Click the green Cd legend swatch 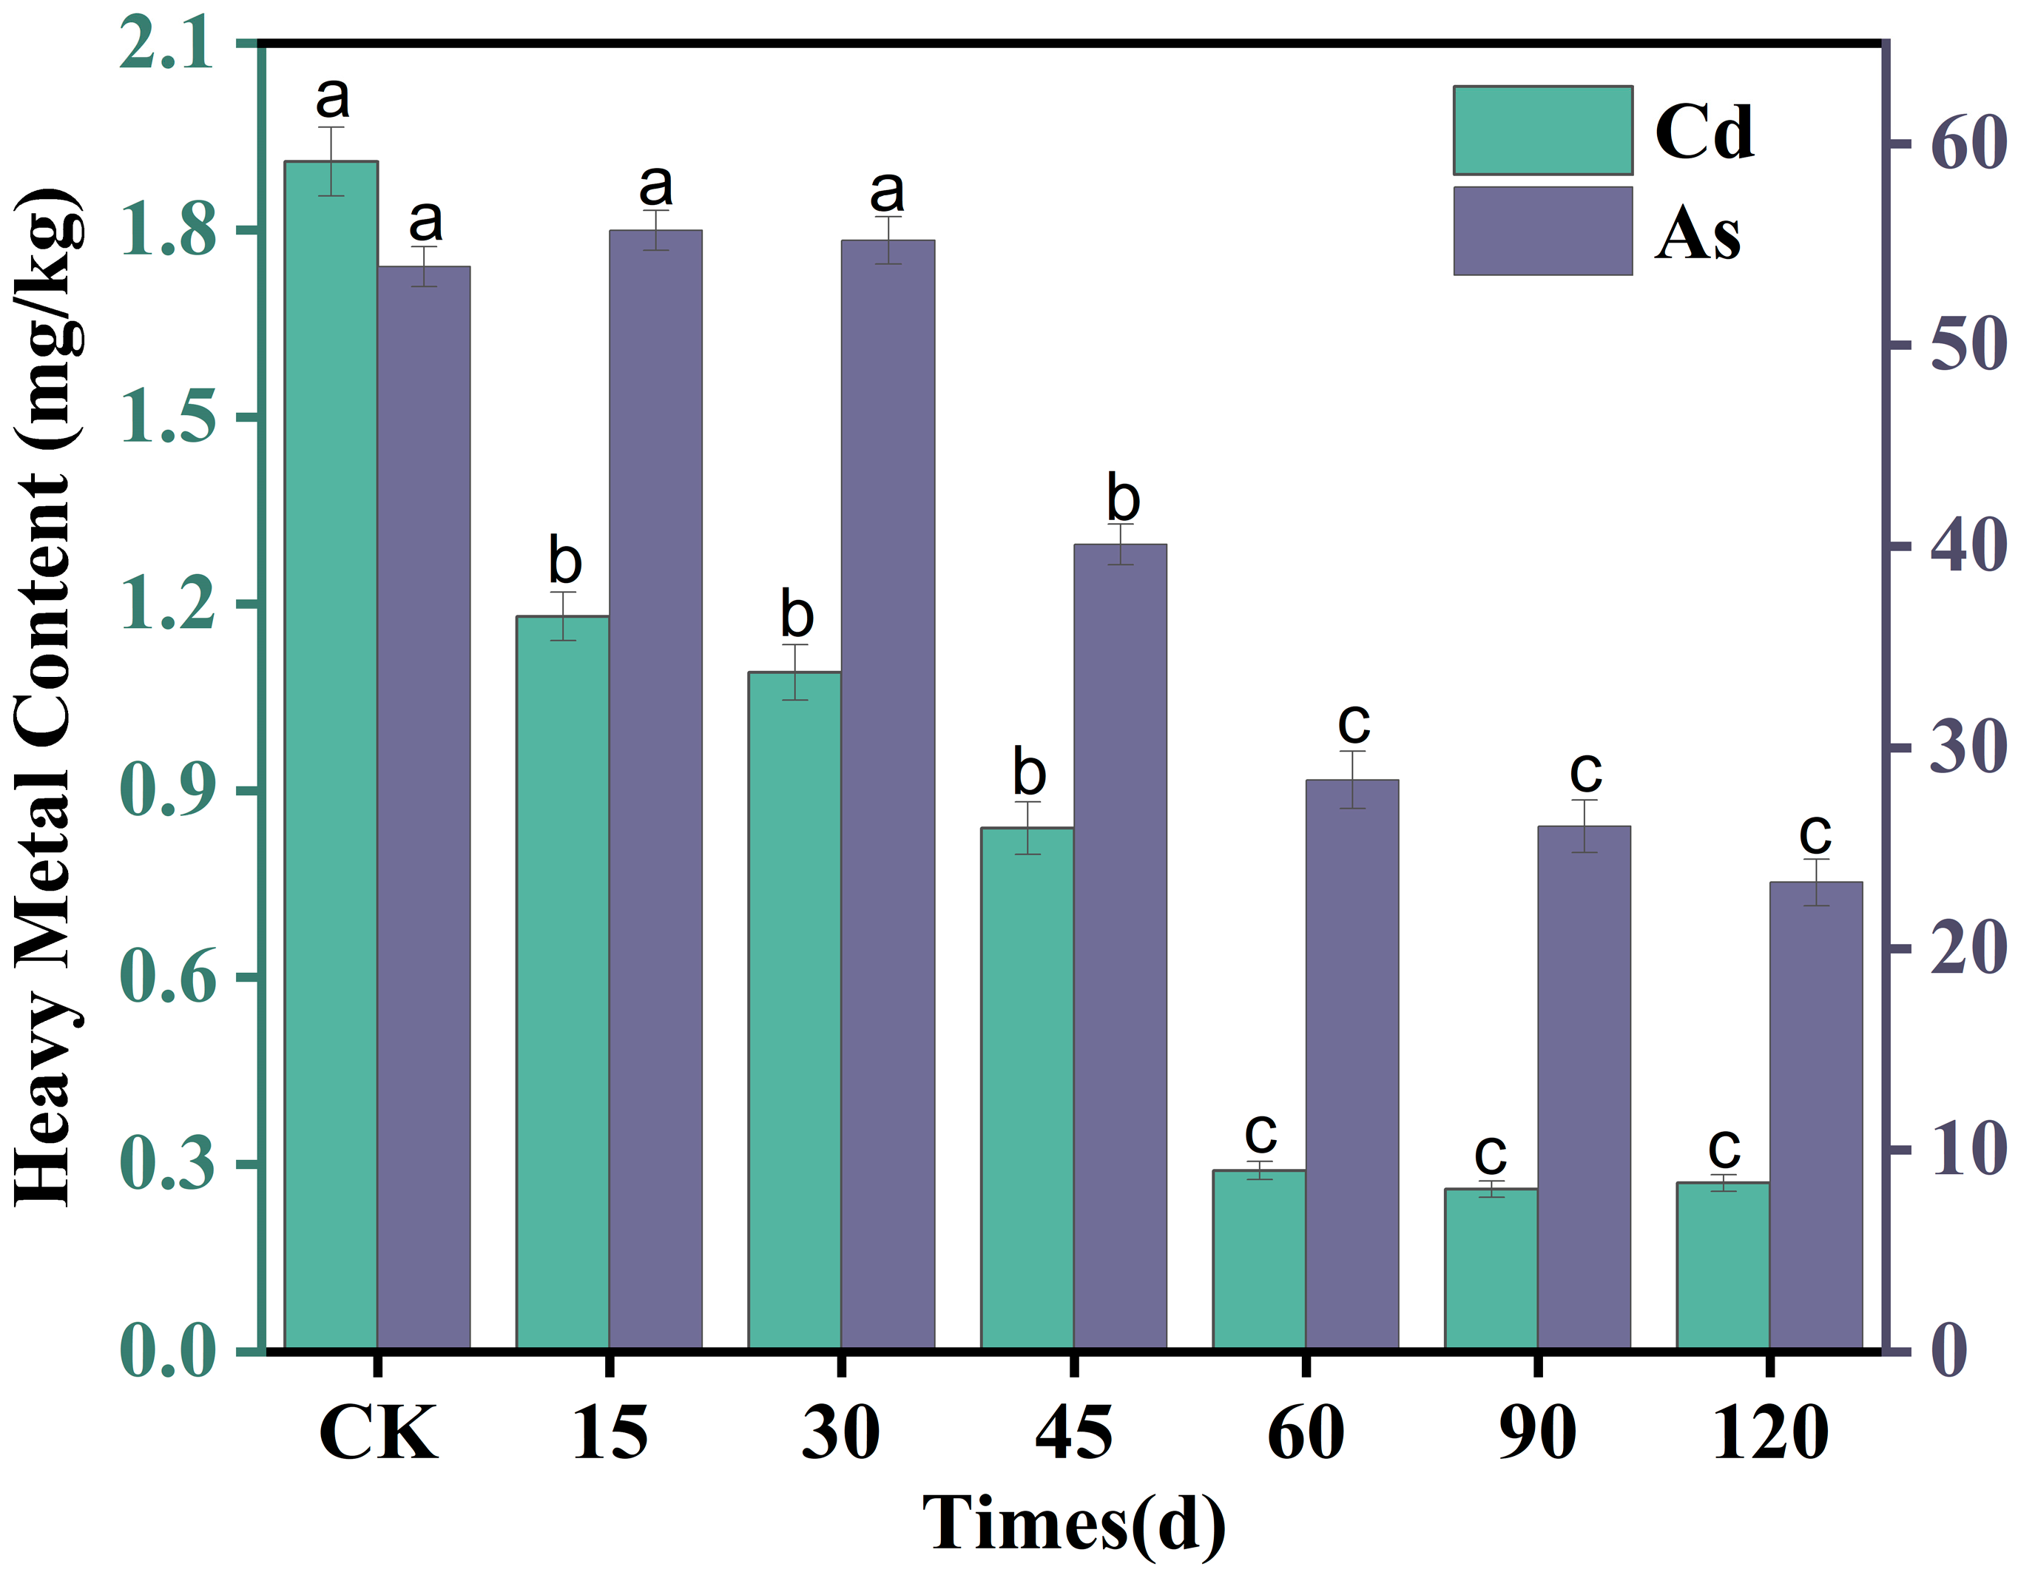click(1542, 130)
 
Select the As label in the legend click(1696, 233)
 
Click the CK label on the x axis click(377, 1433)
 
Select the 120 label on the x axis click(1769, 1433)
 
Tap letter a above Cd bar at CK click(333, 96)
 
